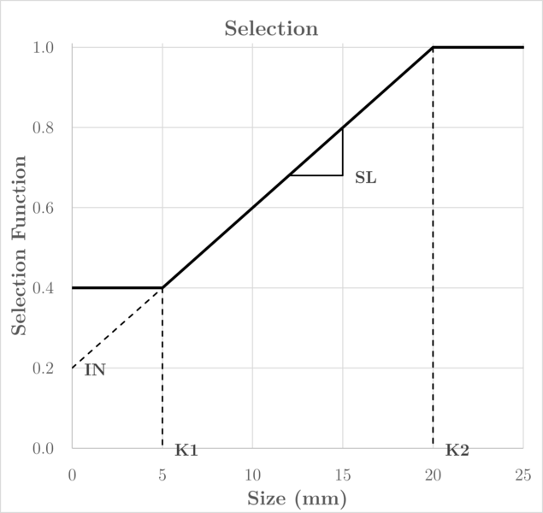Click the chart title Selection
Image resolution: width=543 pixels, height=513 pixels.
271,29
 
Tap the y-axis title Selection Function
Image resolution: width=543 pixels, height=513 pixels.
19,245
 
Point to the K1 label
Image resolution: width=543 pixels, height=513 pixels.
186,451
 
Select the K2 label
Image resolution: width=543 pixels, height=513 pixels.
457,451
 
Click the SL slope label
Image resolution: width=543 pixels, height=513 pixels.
365,180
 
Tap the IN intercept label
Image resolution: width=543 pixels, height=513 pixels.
94,371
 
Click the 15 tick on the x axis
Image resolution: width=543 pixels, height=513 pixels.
342,474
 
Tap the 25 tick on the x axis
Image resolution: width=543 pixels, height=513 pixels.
522,474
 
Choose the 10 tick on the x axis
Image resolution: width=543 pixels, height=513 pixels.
252,474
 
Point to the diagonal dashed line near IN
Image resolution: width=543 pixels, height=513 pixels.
117,328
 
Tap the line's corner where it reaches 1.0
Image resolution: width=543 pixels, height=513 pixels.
433,47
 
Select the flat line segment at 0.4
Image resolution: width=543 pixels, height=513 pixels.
117,287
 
